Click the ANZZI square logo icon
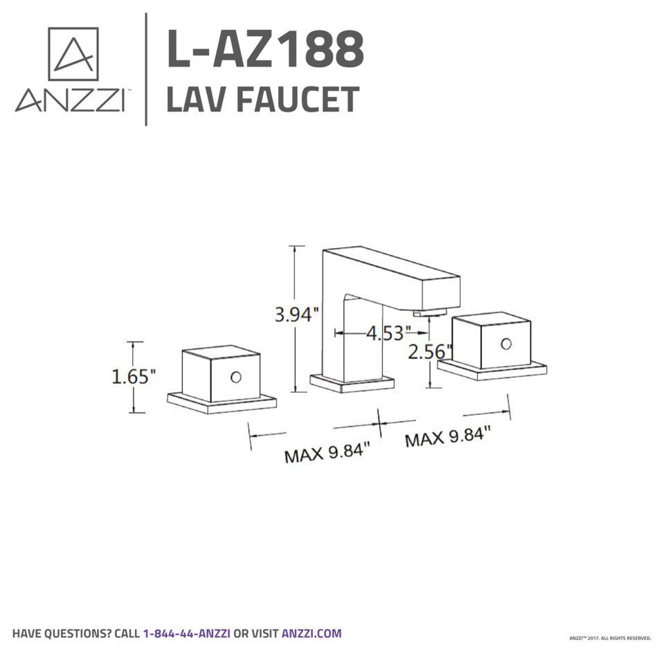[x=73, y=53]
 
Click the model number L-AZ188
[x=265, y=50]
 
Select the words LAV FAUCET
[x=262, y=99]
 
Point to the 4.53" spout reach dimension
[x=385, y=333]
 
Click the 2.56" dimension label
[x=429, y=351]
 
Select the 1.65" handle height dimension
[x=134, y=376]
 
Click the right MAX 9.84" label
[x=447, y=438]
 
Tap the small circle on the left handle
[x=236, y=378]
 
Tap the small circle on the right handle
[x=506, y=344]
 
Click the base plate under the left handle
[x=222, y=403]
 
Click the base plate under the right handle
[x=492, y=369]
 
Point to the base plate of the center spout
[x=351, y=383]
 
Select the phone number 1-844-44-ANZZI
[x=186, y=633]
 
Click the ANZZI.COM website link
[x=311, y=633]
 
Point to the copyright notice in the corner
[x=609, y=637]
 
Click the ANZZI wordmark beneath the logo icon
[x=70, y=101]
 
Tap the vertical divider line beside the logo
[x=146, y=69]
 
